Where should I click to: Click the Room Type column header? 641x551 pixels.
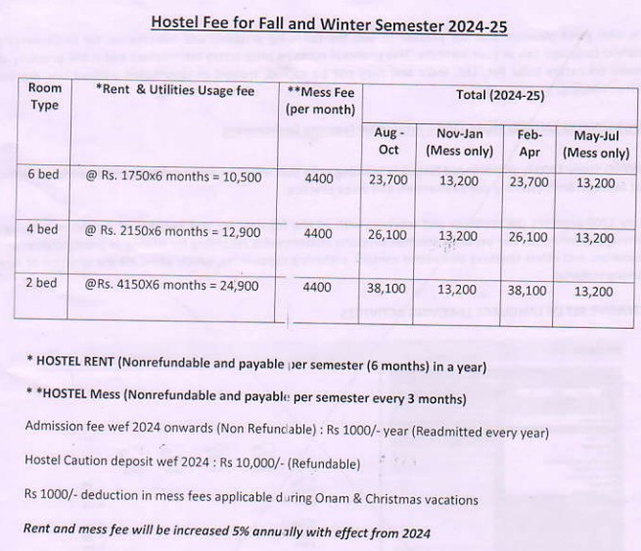click(44, 97)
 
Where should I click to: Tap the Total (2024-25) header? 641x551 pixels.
click(499, 95)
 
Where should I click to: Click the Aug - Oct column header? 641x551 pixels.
click(388, 142)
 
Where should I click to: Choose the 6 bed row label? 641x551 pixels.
click(42, 173)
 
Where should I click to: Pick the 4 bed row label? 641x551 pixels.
click(42, 230)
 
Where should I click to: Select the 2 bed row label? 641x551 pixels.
click(42, 284)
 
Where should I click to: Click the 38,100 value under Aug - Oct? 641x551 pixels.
click(387, 290)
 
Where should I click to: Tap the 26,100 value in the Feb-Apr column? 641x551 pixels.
click(528, 237)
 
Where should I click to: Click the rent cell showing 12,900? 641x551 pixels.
click(172, 232)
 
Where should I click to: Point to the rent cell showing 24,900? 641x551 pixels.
click(171, 286)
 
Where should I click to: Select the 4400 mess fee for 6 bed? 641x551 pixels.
click(319, 178)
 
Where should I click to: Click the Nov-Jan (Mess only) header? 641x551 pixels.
click(458, 142)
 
